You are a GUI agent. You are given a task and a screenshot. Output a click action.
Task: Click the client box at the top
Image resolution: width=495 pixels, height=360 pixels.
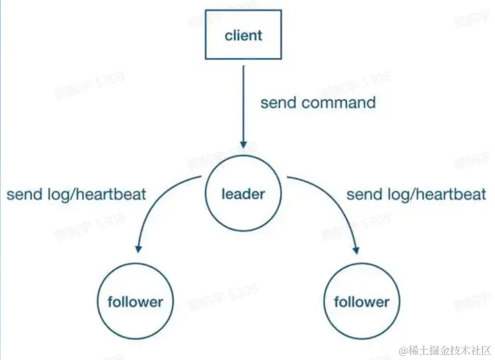pos(244,36)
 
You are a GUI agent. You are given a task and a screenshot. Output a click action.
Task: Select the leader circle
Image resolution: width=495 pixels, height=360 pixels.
pos(244,195)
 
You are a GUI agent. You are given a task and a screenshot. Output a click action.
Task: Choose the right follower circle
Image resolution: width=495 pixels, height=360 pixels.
pos(361,302)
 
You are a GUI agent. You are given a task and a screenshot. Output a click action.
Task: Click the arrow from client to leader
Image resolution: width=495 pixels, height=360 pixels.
pos(244,104)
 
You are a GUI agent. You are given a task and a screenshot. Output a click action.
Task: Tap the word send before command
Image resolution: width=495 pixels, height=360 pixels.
pos(278,102)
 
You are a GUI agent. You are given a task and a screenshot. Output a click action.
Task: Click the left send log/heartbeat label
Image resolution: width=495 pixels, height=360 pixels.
pos(76,195)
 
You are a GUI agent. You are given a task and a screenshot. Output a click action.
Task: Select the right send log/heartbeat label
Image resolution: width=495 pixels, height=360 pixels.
pos(416,195)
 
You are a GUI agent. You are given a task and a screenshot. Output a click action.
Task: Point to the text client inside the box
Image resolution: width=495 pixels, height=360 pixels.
pos(244,36)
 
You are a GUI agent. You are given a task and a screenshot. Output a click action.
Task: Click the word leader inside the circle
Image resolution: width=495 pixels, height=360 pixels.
pos(244,195)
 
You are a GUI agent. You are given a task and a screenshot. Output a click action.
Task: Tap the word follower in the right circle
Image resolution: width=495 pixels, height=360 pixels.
pos(361,302)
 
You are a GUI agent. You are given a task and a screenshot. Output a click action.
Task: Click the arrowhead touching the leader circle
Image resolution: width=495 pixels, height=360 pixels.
pos(244,144)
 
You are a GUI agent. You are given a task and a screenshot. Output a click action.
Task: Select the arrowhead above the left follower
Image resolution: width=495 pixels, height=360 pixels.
pos(138,248)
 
